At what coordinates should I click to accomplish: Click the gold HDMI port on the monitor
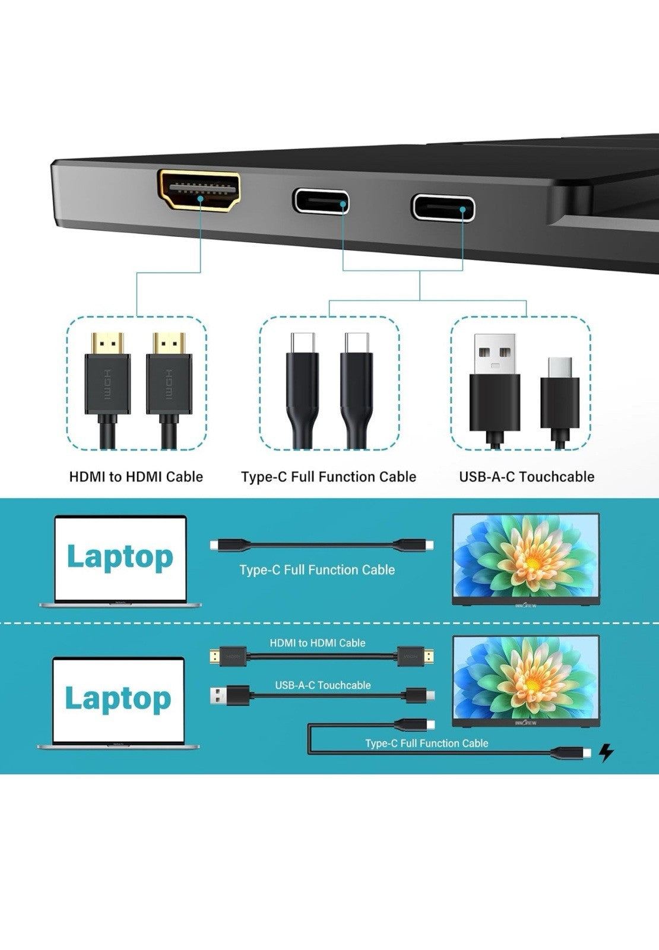(199, 190)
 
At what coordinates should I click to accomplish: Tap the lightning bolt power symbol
(606, 752)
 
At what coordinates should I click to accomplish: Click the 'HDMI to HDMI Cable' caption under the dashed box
(136, 477)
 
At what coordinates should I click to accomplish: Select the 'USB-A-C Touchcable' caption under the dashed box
(526, 477)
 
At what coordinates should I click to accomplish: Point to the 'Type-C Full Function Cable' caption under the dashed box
(328, 477)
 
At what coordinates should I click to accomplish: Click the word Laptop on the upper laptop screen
(120, 558)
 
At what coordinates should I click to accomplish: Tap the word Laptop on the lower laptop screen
(118, 698)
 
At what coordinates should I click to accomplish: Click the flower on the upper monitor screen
(526, 555)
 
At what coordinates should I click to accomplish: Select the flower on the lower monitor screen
(526, 678)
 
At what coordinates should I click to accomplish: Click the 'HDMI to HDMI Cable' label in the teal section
(318, 643)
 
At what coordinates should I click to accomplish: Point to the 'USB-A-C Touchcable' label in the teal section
(323, 685)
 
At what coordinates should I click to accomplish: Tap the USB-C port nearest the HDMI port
(321, 202)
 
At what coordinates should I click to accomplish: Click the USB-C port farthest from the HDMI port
(443, 207)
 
